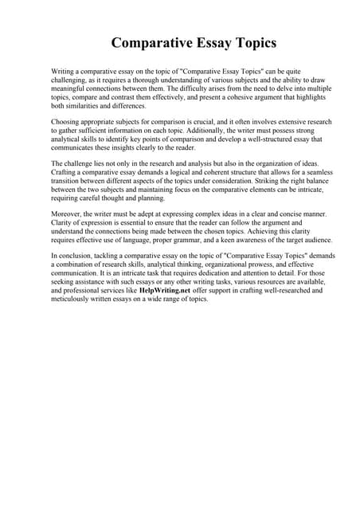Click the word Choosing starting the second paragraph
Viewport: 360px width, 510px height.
(66, 122)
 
